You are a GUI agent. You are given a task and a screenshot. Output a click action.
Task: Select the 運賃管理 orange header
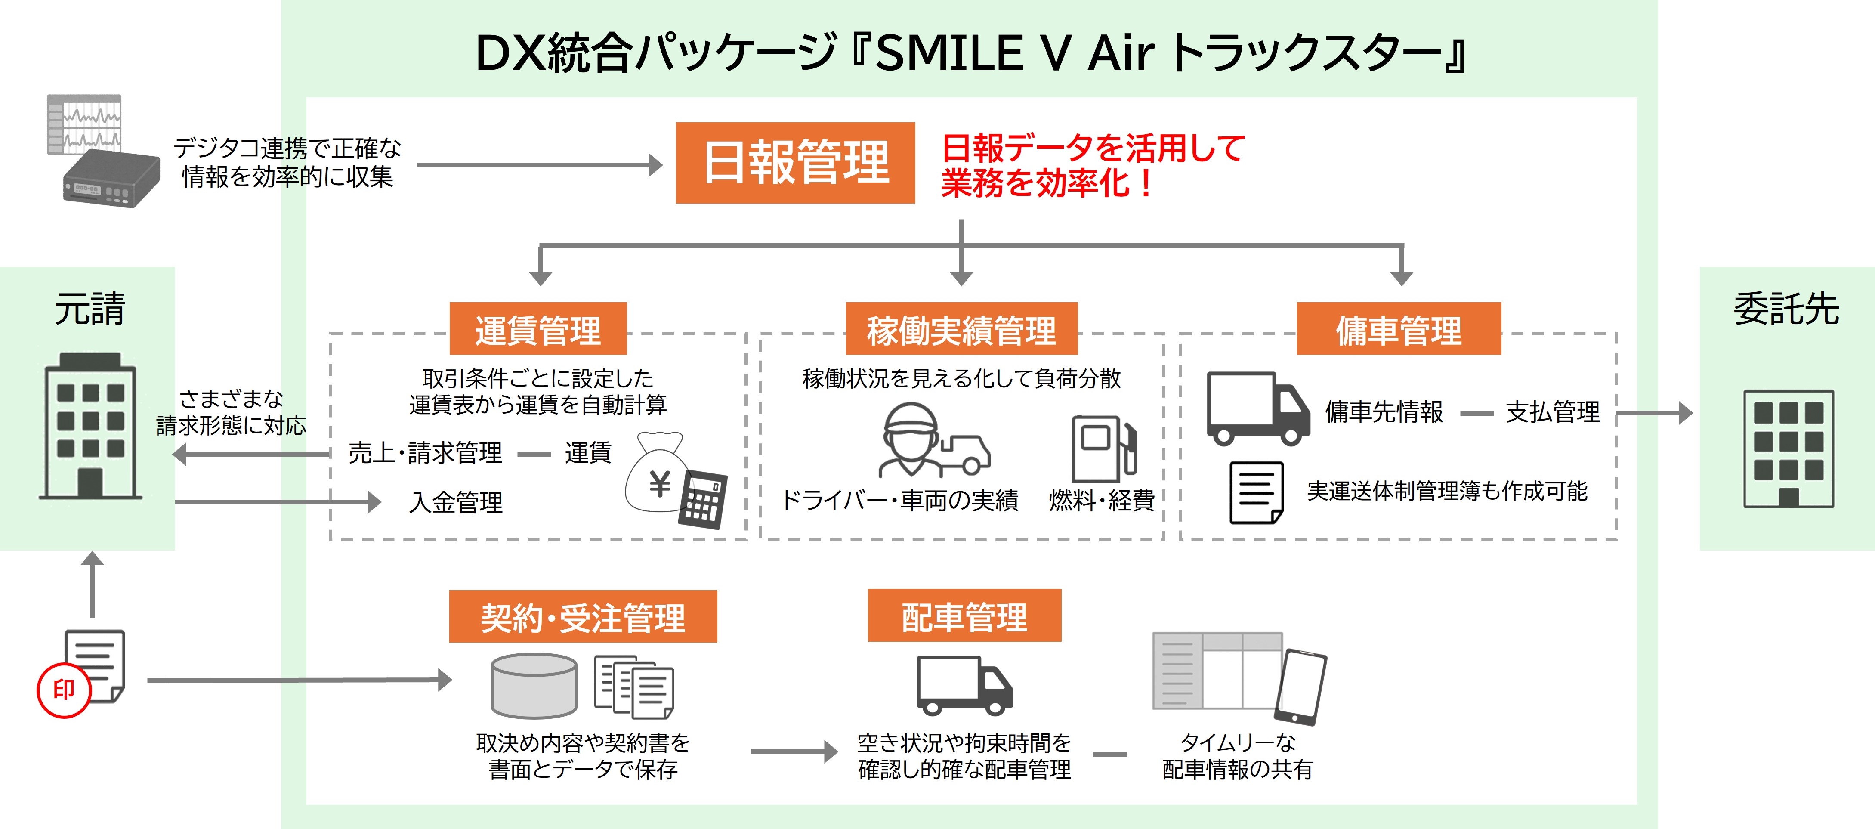538,328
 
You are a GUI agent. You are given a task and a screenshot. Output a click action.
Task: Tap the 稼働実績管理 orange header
961,328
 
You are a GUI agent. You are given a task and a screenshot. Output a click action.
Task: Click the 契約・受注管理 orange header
583,616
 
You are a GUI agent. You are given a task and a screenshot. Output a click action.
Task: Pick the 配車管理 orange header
964,616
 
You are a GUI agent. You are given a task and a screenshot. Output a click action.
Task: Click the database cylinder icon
534,686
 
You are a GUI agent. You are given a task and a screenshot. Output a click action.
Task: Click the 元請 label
90,309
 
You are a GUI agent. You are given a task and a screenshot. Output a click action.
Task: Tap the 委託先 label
1786,309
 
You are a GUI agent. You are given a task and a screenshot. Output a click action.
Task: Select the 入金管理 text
456,502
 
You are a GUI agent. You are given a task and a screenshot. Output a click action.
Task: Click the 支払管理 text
1553,412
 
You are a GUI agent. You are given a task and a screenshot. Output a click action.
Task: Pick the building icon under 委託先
1789,449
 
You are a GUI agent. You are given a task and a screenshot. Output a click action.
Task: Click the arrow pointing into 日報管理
539,165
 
